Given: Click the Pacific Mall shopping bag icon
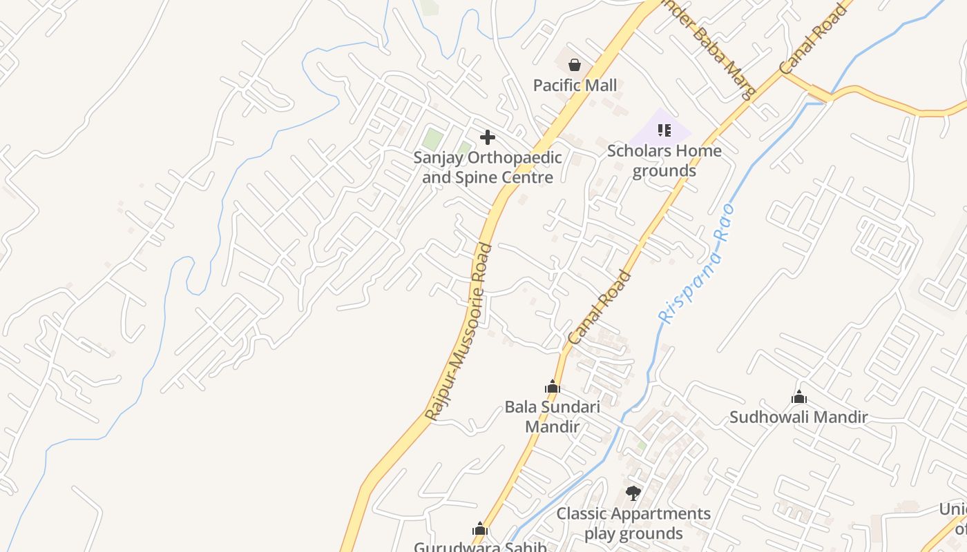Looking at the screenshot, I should tap(574, 65).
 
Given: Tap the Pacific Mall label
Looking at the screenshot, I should tap(575, 86).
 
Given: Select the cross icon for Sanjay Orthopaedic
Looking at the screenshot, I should tap(488, 137).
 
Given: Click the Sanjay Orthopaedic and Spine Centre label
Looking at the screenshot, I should tap(488, 168).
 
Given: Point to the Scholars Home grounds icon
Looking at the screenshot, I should tap(664, 130).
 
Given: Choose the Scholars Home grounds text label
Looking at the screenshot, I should tap(664, 161).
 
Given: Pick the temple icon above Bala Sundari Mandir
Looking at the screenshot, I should tap(552, 386).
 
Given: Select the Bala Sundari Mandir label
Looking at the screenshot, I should tap(552, 416).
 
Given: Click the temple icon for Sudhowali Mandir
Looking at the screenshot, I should tap(799, 397).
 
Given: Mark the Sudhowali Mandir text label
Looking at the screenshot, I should tap(798, 417).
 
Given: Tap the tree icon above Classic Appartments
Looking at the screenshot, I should tap(633, 493).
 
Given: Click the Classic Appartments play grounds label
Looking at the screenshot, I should tap(633, 524).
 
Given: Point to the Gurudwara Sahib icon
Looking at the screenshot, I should tap(480, 529).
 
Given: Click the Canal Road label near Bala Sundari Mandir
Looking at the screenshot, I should tap(600, 308).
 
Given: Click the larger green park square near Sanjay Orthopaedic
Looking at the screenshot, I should tap(432, 139).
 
